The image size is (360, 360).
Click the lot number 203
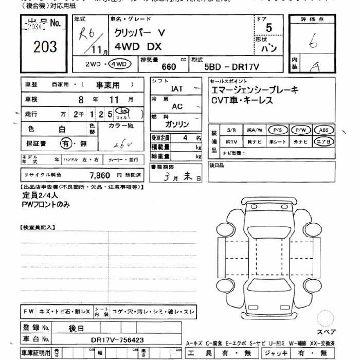point(45,47)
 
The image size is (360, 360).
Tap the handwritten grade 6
point(313,43)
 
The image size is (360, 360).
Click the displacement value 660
point(169,66)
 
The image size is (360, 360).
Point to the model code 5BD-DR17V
point(231,66)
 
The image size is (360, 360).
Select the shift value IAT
point(177,88)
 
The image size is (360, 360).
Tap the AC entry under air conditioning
point(177,106)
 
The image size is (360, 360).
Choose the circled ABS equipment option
point(323,130)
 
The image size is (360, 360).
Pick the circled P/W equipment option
point(301,130)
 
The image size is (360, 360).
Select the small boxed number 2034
point(34,26)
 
